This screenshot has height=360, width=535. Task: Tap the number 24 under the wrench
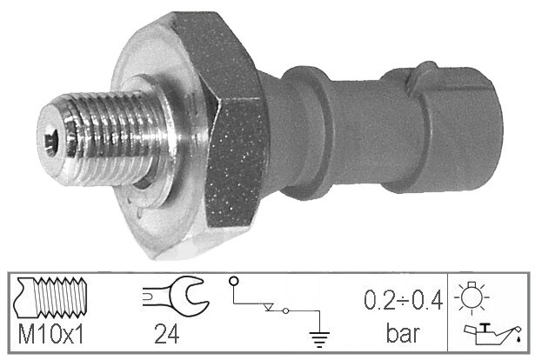[166, 334]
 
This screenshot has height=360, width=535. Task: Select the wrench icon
[175, 296]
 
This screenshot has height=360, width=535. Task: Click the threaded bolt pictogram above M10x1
[50, 297]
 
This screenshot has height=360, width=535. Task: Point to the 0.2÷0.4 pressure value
[403, 300]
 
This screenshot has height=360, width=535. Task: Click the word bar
[403, 333]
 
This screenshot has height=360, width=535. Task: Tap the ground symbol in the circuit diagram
[319, 338]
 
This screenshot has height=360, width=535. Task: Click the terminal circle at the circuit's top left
[234, 281]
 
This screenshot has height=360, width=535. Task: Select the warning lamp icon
[471, 297]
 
